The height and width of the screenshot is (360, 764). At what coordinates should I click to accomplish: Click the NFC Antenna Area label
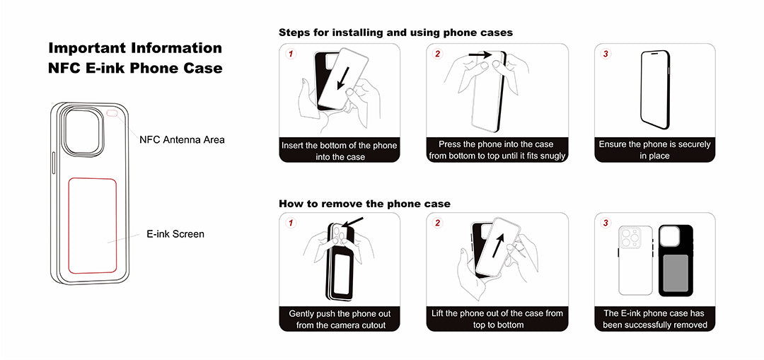coord(183,140)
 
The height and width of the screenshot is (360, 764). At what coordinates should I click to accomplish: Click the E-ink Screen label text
coord(175,234)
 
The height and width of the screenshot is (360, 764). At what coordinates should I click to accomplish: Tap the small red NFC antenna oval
coord(112,113)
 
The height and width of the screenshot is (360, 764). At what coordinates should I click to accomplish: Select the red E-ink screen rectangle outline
coord(68,225)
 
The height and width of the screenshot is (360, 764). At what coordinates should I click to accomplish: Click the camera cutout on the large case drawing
coord(83,131)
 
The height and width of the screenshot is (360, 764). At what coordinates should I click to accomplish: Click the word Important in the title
coord(87,48)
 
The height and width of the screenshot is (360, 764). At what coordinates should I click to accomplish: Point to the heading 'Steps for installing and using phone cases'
coord(395,33)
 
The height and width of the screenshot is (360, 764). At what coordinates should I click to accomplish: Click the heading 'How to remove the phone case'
coord(364,204)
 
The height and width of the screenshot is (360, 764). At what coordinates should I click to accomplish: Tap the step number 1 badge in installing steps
coord(291,54)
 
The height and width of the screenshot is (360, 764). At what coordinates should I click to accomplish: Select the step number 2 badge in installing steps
coord(438,54)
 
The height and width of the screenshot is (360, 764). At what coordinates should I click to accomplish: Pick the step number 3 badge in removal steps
coord(606,223)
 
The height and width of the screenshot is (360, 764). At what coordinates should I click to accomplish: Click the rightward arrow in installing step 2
coord(480,56)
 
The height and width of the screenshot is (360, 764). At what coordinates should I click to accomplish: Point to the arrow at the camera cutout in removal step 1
coord(353,222)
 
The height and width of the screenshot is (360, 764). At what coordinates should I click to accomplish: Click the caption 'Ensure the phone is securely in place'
coord(655,150)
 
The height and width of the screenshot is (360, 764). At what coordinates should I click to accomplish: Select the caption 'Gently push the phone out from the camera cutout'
coord(340,319)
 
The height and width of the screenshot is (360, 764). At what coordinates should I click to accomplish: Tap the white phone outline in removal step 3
coord(636,260)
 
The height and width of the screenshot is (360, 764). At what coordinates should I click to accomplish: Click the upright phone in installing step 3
coord(655,90)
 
